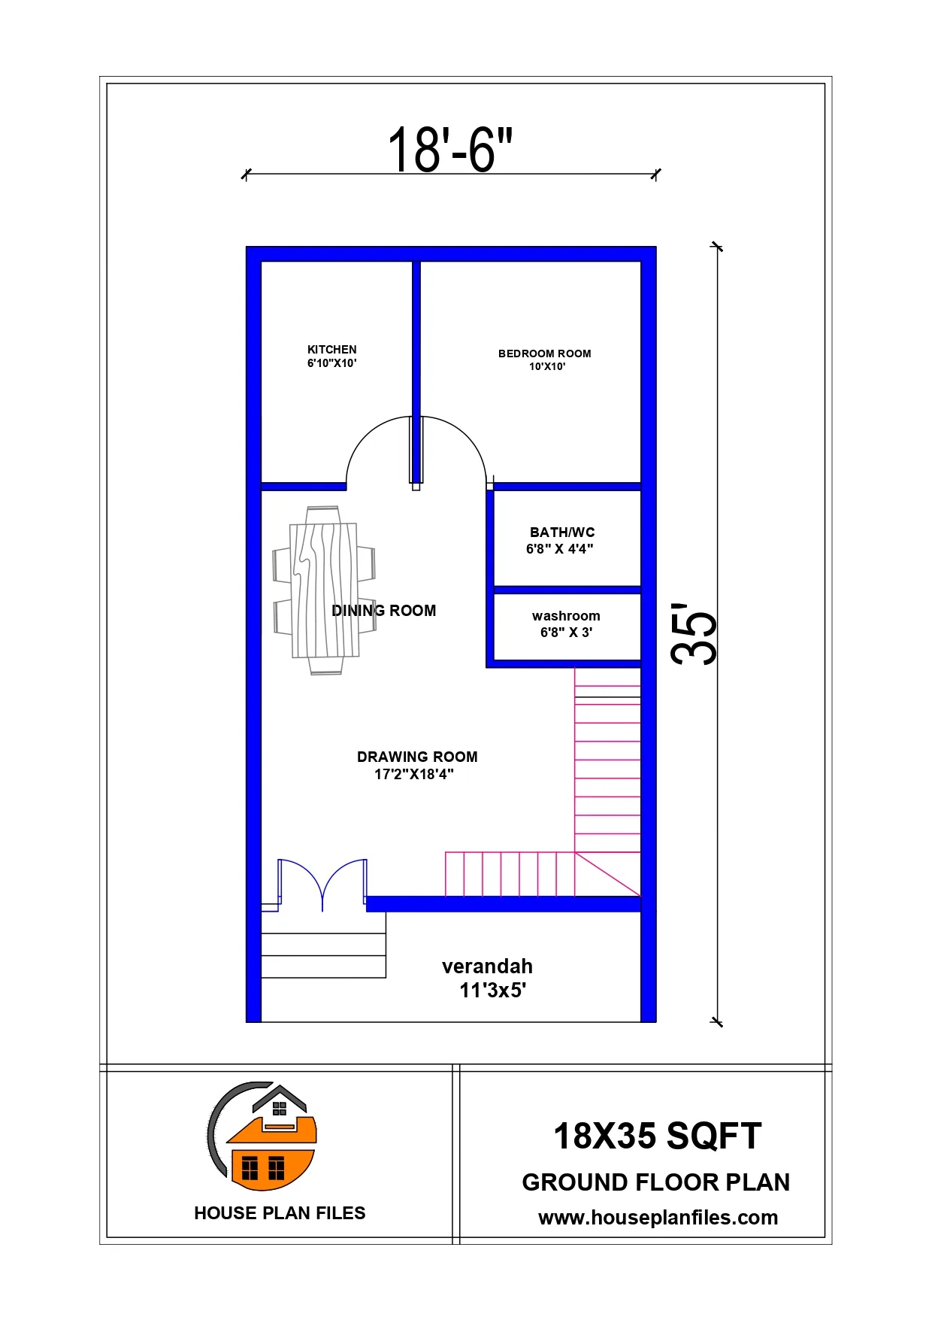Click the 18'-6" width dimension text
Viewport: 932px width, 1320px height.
(450, 150)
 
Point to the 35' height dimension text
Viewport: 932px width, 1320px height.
(694, 633)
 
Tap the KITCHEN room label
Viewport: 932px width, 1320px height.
(332, 350)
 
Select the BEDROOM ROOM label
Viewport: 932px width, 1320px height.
(545, 354)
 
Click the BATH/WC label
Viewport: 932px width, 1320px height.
(562, 533)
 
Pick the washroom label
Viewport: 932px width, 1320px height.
(566, 616)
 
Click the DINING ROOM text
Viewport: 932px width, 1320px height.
(384, 611)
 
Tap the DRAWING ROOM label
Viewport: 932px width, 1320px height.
(417, 757)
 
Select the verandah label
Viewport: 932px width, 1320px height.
(487, 966)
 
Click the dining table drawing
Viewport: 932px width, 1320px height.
(324, 590)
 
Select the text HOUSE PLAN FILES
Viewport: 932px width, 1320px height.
(280, 1213)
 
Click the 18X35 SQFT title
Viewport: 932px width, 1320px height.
(658, 1136)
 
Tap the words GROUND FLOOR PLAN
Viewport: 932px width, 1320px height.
(656, 1182)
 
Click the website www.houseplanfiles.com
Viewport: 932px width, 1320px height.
(658, 1218)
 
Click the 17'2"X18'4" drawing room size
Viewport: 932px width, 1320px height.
(414, 774)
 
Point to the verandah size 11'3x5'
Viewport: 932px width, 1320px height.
(493, 991)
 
